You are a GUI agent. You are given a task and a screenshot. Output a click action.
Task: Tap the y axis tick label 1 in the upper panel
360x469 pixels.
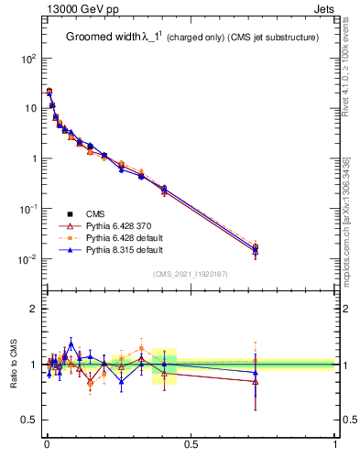point(34,158)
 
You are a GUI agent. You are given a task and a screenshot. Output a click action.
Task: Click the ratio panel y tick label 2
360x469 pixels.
point(34,309)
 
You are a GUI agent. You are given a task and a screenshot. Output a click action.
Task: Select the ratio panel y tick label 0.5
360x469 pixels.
point(28,420)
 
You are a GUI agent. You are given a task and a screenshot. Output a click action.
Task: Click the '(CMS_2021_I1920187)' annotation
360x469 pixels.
point(191,273)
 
